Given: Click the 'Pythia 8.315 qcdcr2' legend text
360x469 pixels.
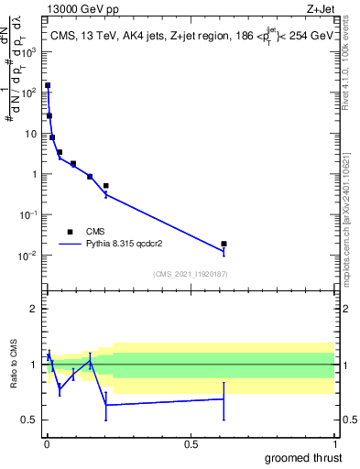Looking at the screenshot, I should click(134, 245).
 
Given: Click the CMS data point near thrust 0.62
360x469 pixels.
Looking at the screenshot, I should click(224, 244).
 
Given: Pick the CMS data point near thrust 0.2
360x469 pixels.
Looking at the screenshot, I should click(106, 186).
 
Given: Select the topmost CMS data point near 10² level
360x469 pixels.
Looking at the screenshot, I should click(48, 85).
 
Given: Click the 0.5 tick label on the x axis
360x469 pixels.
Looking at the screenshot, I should click(191, 442).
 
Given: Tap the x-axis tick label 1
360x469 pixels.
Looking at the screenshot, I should click(333, 442).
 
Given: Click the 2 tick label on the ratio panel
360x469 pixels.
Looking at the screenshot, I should click(34, 310).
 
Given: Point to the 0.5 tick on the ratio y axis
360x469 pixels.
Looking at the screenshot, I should click(30, 420).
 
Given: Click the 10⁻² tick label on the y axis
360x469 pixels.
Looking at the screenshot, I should click(27, 256).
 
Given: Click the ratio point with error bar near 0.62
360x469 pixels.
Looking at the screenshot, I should click(224, 398).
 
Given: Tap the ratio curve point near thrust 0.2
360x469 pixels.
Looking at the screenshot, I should click(106, 404).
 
